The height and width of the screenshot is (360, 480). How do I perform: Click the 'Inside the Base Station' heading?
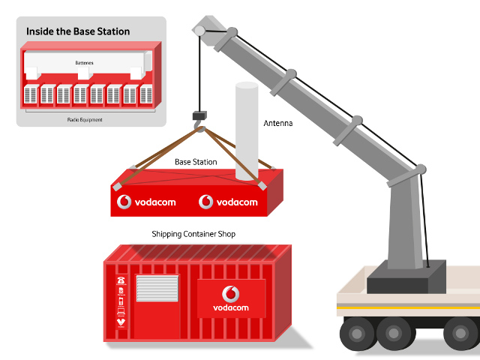(78, 31)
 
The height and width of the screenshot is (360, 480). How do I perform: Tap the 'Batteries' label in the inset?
(85, 64)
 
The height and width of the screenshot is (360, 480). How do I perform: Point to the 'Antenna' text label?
(277, 122)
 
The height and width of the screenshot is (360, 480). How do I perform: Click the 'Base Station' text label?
(196, 162)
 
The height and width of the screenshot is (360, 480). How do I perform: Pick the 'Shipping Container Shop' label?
(193, 235)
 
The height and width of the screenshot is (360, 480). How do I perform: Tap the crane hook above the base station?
(199, 130)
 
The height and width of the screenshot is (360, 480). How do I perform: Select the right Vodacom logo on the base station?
(228, 202)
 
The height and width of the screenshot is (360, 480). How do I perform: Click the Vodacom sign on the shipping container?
(231, 298)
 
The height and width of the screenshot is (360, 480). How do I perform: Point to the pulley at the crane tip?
(199, 31)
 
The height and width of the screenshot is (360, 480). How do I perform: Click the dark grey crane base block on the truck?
(405, 276)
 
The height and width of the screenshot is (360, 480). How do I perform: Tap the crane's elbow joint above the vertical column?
(420, 170)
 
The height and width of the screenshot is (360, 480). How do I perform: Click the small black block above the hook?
(199, 115)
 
